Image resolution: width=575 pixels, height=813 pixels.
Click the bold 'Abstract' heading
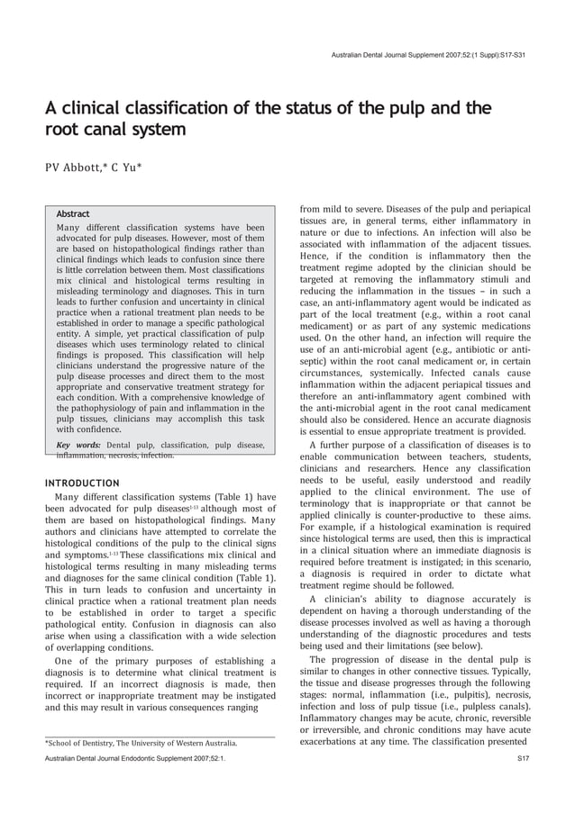(73, 214)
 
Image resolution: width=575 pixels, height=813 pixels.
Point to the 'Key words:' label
(77, 445)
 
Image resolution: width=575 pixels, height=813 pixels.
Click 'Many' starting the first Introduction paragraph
(70, 497)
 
